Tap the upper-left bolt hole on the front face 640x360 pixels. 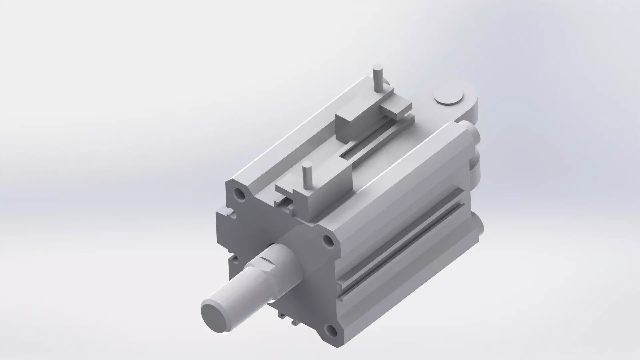click(239, 193)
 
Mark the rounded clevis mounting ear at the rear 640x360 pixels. click(467, 100)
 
